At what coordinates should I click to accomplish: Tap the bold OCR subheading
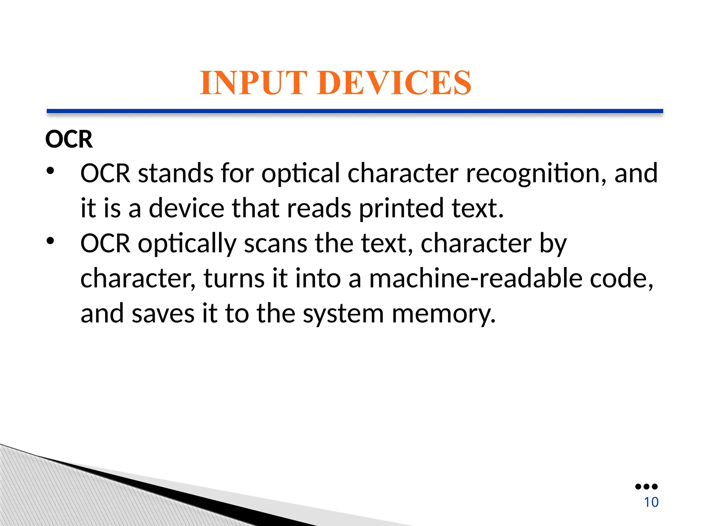69,139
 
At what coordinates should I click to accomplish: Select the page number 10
651,502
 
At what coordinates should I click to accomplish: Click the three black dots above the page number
646,487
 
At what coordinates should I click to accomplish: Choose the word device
187,209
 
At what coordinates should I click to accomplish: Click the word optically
187,244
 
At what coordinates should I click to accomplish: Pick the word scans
276,243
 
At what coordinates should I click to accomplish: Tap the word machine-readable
476,278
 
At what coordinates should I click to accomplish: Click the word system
343,314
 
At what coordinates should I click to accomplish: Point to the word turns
234,278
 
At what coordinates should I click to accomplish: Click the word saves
163,314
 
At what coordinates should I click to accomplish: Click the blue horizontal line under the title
355,111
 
